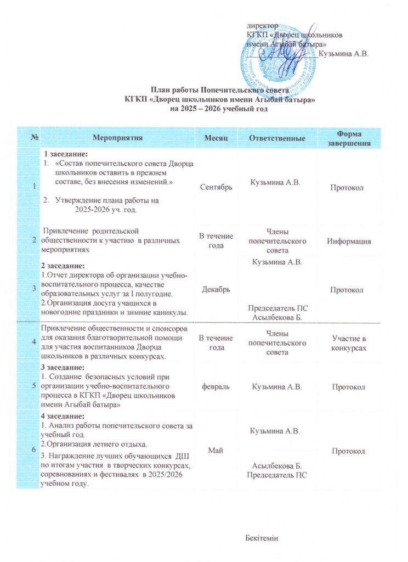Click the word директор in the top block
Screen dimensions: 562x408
click(x=262, y=26)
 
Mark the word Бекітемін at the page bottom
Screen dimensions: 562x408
click(x=263, y=537)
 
